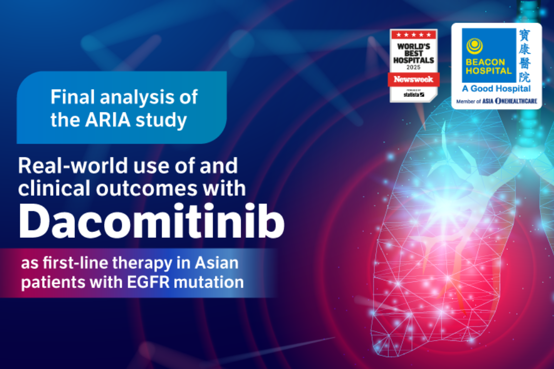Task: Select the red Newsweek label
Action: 413,79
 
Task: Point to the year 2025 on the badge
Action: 413,67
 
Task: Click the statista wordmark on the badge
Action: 413,94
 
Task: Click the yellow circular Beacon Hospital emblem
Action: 474,46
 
